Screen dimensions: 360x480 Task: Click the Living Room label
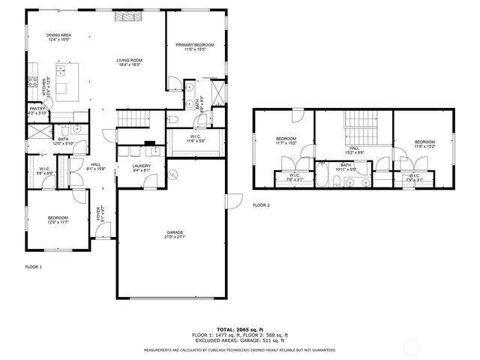pos(129,61)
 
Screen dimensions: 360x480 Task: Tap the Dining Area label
pos(58,35)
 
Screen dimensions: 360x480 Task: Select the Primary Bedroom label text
pos(195,46)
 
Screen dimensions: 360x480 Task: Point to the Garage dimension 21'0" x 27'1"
pos(175,237)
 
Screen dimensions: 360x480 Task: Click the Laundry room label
pos(141,166)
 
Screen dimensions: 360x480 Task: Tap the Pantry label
pos(37,109)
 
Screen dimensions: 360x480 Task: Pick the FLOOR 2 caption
pos(260,205)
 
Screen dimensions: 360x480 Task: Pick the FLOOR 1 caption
pos(34,267)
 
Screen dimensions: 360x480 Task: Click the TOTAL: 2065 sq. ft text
pos(240,329)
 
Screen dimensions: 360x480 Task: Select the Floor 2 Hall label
pos(353,148)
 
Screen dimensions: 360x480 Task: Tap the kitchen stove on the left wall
pos(34,84)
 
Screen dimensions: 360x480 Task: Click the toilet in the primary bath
pos(172,118)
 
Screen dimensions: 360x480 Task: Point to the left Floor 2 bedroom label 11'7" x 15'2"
pos(286,140)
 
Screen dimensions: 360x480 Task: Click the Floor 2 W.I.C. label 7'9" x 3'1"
pos(415,178)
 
